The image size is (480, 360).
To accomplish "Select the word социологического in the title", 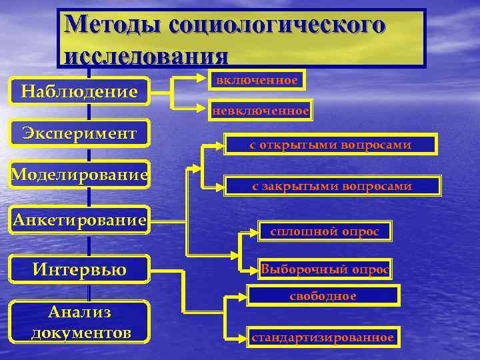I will pos(277,25).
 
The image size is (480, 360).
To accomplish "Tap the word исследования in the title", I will pos(146,53).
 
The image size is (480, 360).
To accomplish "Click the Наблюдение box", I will pos(79,90).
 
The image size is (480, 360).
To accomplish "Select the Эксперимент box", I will pos(79,133).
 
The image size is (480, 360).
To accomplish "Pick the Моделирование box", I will pos(79,175).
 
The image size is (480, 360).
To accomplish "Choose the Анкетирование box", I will pos(79,219).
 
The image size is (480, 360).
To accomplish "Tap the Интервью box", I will pos(79,269).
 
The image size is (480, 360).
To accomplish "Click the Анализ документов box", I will pos(79,322).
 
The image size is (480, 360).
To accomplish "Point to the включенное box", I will pos(254,80).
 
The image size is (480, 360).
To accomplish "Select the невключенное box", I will pos(261,111).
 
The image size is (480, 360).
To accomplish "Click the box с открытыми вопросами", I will pos(330,145).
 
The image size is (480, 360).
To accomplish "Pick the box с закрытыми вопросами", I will pos(331,187).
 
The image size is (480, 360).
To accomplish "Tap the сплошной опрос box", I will pos(325,231).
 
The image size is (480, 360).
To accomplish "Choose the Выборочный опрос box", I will pos(325,269).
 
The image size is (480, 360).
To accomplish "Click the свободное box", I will pos(323,295).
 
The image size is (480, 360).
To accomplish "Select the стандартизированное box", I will pos(323,337).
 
